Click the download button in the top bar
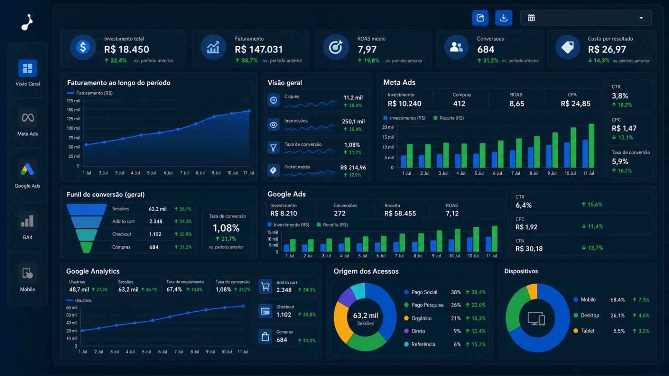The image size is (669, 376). tap(503, 18)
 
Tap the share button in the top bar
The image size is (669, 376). tap(480, 18)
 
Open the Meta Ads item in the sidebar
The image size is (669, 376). tap(28, 123)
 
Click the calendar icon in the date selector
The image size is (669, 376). tap(531, 18)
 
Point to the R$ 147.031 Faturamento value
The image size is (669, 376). tap(259, 49)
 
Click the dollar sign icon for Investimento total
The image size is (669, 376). tap(83, 47)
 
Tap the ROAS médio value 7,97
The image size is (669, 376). tap(367, 49)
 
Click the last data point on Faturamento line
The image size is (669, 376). tap(249, 111)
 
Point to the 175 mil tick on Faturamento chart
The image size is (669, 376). tap(73, 101)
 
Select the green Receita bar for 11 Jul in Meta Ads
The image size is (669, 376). tap(591, 146)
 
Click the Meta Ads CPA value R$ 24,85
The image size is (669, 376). tap(575, 104)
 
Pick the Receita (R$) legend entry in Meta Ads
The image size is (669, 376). tap(449, 118)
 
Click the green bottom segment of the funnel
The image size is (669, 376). tap(86, 247)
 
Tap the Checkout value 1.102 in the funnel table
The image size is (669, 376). tap(155, 234)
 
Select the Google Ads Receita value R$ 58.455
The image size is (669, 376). tap(400, 213)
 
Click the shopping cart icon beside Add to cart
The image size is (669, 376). tap(265, 287)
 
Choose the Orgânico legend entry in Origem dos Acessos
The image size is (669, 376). tap(418, 318)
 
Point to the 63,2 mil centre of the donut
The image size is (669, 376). tap(365, 315)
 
